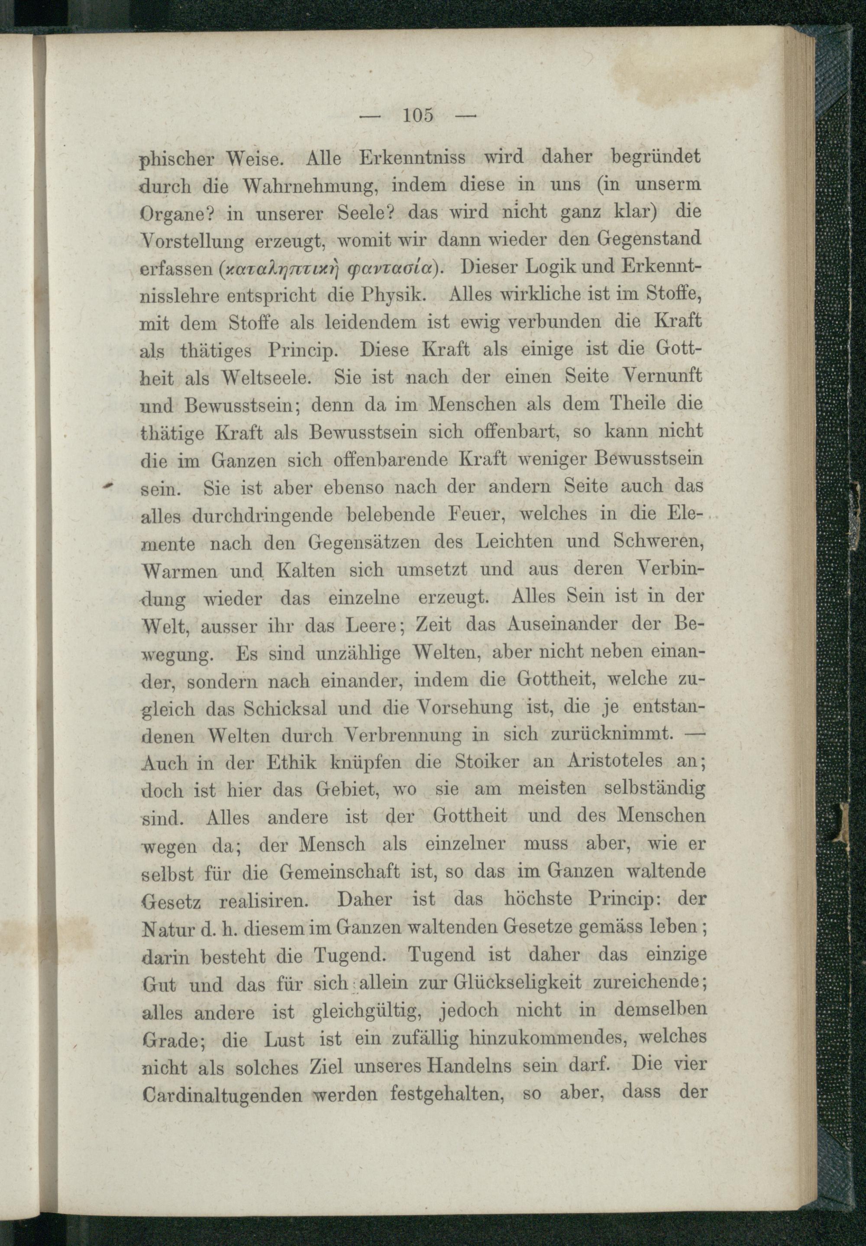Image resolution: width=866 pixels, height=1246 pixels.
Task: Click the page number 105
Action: (x=417, y=116)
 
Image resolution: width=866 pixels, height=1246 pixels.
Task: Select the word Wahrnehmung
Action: (x=309, y=186)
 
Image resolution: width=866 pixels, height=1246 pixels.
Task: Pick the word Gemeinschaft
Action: (x=341, y=872)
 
